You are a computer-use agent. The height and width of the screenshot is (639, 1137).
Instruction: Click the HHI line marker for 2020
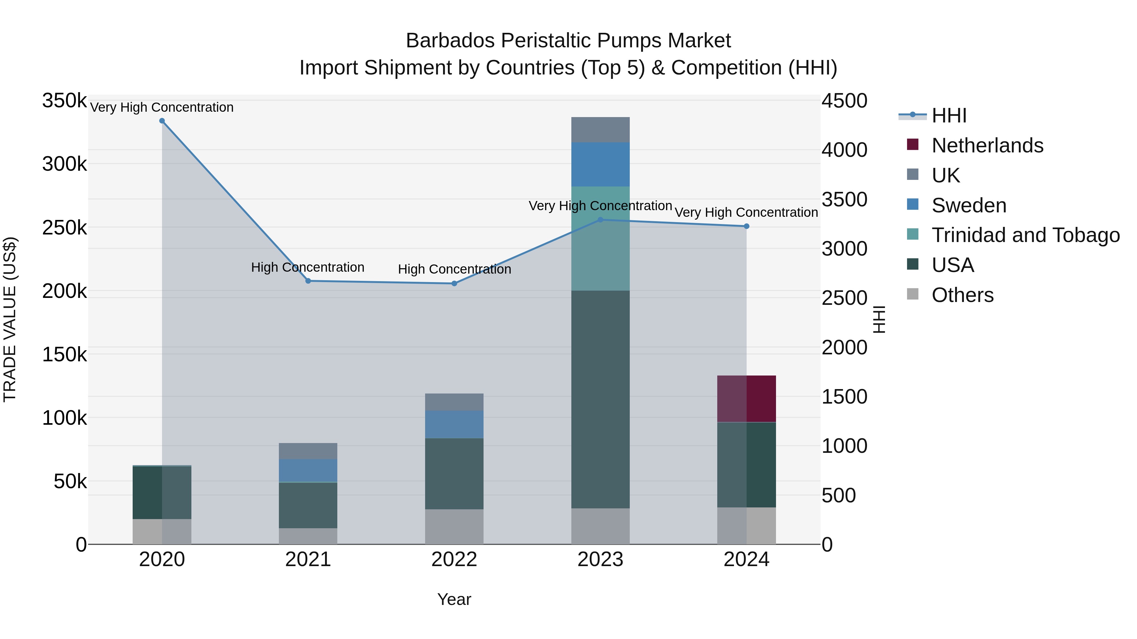click(162, 121)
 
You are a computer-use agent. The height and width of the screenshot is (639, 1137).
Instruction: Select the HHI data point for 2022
click(454, 284)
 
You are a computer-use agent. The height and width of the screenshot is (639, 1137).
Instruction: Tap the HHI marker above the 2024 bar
click(746, 226)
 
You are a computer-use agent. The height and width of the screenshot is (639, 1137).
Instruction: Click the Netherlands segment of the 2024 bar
click(746, 399)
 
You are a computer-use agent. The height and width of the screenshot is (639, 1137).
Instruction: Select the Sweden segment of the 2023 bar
click(600, 164)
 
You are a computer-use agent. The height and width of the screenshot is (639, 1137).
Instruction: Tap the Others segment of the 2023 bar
click(600, 526)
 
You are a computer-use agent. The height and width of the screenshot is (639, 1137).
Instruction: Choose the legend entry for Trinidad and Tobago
click(1025, 235)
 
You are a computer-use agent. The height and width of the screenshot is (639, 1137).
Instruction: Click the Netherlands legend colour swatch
click(912, 145)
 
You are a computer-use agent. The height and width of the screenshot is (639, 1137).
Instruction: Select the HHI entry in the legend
click(949, 115)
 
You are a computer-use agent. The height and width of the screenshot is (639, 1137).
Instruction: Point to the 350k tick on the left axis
click(64, 101)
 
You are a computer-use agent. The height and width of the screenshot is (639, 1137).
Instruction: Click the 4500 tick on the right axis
click(844, 101)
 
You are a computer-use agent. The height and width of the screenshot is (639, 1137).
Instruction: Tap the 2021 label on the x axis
click(308, 559)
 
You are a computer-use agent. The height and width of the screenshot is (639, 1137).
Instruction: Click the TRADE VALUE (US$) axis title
click(10, 319)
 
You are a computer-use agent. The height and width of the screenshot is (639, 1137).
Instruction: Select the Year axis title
click(454, 599)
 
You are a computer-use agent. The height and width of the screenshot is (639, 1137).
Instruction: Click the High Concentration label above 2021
click(308, 267)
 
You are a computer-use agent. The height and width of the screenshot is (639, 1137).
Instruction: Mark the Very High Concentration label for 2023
click(600, 206)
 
